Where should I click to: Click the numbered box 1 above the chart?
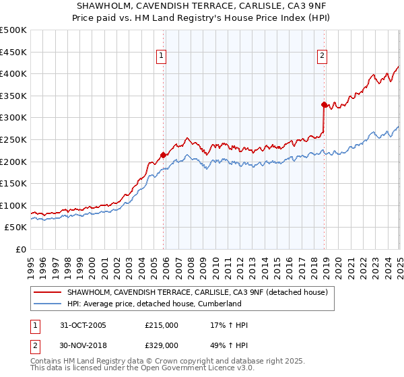click(162, 57)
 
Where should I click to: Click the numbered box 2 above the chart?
click(323, 57)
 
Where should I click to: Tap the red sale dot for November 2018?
click(324, 104)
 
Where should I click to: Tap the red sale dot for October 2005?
click(164, 155)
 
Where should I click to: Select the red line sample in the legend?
click(47, 292)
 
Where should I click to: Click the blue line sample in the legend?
click(47, 304)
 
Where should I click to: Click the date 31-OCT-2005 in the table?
click(83, 325)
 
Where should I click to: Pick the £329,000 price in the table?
click(162, 345)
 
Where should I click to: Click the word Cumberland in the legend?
click(220, 304)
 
